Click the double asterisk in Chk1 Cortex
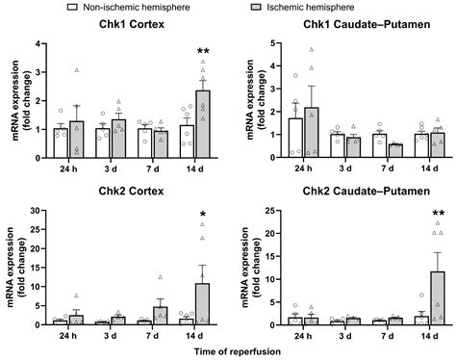coord(203,52)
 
